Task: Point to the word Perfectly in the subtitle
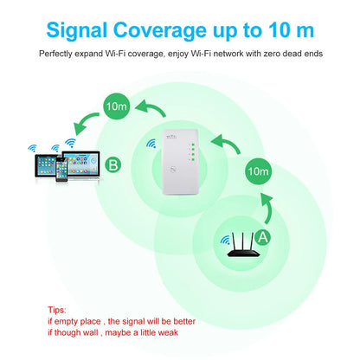click(x=59, y=55)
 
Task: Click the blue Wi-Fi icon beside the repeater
click(x=153, y=144)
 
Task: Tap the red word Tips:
click(x=59, y=308)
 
